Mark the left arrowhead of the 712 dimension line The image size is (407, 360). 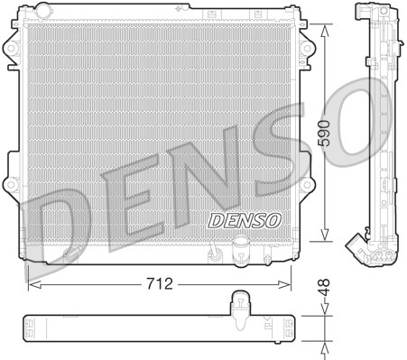[32, 282]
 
